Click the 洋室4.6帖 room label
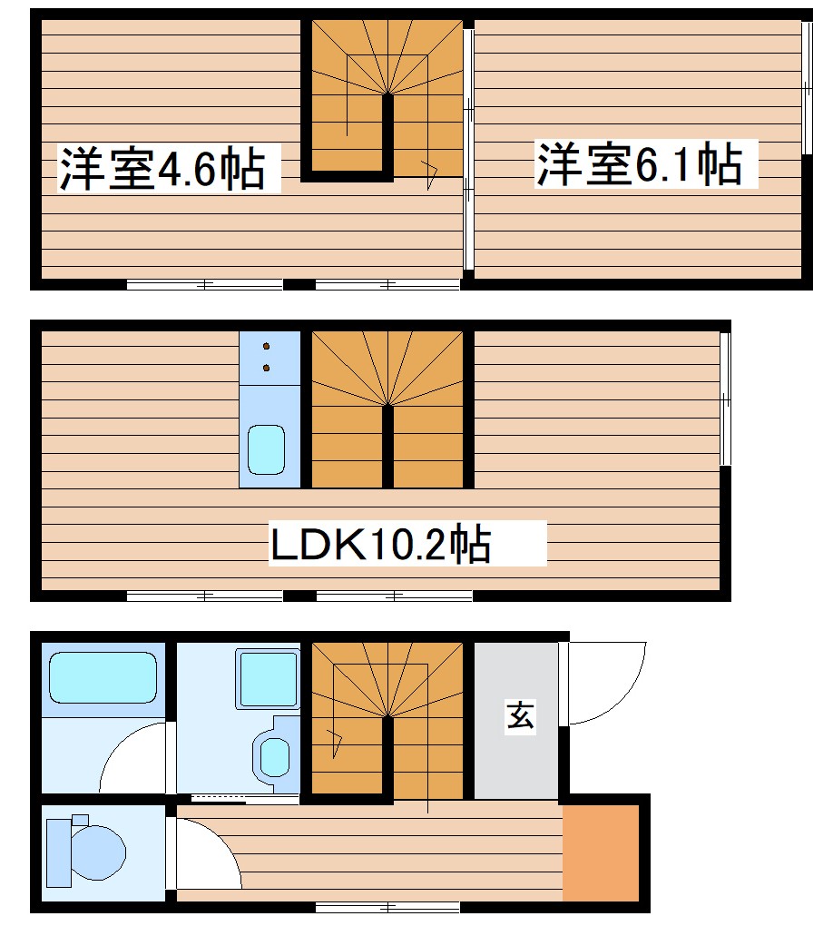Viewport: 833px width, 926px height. tap(162, 170)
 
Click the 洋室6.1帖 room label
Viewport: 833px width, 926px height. tap(639, 164)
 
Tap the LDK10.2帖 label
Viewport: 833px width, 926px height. tap(381, 545)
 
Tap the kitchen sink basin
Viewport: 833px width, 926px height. tap(267, 450)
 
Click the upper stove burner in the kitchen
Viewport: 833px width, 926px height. tap(267, 346)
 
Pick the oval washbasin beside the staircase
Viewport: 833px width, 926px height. tap(274, 754)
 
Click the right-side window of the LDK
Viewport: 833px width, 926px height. tap(724, 399)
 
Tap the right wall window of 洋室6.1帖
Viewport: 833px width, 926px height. tap(806, 86)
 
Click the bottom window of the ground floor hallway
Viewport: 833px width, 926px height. tap(387, 907)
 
